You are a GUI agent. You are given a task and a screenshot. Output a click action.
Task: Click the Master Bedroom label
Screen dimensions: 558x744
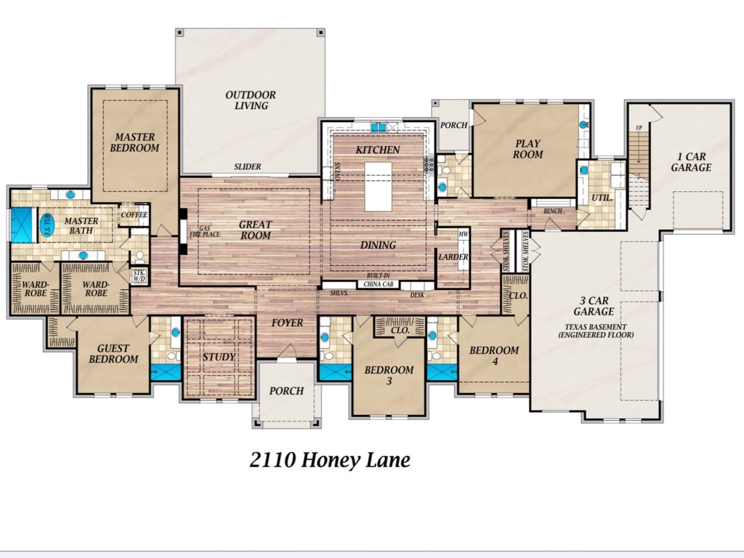[x=134, y=142]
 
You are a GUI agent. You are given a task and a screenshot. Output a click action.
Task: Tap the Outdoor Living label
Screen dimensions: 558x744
[x=250, y=100]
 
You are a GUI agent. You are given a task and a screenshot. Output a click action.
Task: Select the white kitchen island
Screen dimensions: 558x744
[x=378, y=186]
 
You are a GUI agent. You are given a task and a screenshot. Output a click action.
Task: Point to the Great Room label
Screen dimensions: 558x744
[x=255, y=230]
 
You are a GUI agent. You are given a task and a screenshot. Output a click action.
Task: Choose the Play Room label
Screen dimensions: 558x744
[x=527, y=149]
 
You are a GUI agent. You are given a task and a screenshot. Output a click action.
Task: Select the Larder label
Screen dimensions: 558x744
[x=452, y=257]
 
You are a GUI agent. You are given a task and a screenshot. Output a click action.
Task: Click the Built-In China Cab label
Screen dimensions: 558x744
[x=378, y=281]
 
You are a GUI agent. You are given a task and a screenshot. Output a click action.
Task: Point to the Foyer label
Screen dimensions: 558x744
[x=287, y=323]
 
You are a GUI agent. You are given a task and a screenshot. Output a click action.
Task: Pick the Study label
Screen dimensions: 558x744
[x=218, y=357]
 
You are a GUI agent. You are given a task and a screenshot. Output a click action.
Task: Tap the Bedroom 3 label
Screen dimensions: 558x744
[x=389, y=375]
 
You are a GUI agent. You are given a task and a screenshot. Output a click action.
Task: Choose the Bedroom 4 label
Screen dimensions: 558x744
[x=494, y=356]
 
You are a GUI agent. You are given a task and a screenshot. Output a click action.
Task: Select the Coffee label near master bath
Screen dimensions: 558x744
[x=134, y=214]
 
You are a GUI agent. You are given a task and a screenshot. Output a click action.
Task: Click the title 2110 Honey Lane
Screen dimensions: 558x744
[x=330, y=460]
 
